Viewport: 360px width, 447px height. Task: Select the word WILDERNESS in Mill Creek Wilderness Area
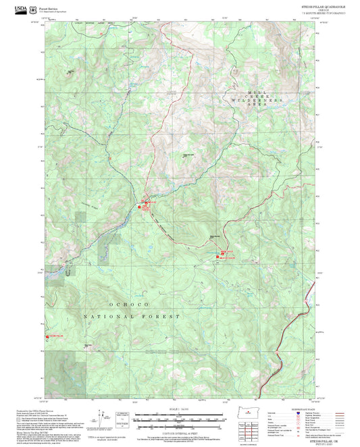tap(255, 99)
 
